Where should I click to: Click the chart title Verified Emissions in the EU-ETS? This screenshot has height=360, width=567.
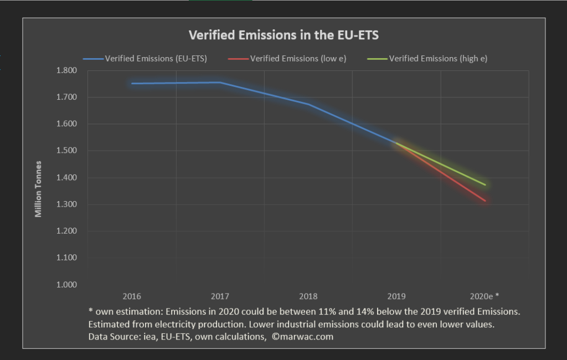[283, 35]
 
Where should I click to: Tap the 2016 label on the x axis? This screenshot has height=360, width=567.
[132, 296]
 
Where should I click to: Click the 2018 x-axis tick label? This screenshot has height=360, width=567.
[308, 296]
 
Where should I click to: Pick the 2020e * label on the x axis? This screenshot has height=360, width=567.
[485, 296]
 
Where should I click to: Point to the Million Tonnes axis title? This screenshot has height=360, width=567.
[38, 189]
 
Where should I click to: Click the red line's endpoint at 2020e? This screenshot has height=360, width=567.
[485, 201]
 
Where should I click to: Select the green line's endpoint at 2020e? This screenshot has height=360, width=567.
[485, 185]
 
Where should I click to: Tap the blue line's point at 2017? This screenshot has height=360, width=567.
[220, 83]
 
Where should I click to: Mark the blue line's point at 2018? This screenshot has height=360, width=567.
[308, 104]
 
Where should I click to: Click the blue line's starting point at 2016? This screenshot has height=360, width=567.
[132, 84]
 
